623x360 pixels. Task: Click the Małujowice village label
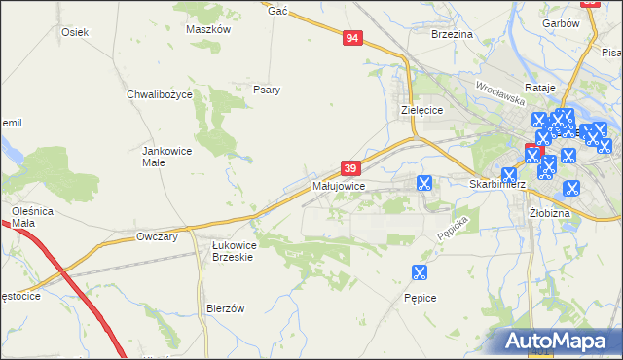click(339, 185)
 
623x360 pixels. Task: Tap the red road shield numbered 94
click(353, 38)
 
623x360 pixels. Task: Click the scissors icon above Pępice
click(420, 273)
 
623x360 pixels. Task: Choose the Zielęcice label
click(422, 110)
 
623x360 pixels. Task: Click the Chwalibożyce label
click(160, 94)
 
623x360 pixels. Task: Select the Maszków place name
click(207, 29)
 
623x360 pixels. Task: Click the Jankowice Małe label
click(165, 157)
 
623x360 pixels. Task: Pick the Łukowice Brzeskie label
click(234, 251)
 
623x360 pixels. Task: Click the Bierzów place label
click(225, 307)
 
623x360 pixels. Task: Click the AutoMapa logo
click(562, 341)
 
